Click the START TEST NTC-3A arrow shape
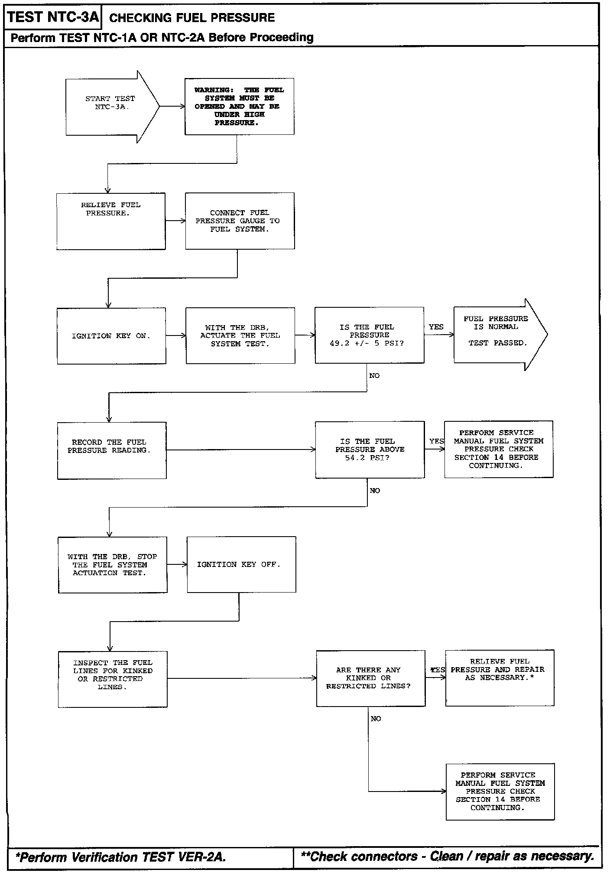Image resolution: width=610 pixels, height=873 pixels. coord(112,107)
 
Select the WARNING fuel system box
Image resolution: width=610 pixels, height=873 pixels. coord(240,107)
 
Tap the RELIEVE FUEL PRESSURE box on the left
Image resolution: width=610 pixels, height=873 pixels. coord(111,222)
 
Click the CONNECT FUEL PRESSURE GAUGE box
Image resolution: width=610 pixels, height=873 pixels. coord(240,221)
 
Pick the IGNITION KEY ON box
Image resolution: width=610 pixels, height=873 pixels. coord(111,336)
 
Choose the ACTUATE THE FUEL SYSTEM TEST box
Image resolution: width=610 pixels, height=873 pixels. coord(240,336)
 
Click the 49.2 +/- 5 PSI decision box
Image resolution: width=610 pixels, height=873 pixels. coord(370,335)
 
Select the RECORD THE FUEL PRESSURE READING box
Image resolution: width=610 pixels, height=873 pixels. coord(112,451)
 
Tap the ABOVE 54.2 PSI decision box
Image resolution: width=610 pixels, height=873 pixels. coord(370,450)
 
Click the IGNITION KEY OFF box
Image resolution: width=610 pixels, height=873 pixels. coord(241,564)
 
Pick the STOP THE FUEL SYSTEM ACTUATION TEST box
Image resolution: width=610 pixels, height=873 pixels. coord(113,565)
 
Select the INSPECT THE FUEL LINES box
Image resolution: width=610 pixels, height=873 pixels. coord(113,679)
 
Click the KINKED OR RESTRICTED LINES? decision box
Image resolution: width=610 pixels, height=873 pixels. coord(371,678)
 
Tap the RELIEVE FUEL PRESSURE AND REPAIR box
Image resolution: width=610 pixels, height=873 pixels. coord(500,678)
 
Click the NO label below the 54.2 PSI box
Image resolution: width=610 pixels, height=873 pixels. coord(375,491)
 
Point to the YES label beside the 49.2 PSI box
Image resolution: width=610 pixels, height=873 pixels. coord(436,327)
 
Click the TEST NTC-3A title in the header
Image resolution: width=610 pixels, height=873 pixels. coord(53,17)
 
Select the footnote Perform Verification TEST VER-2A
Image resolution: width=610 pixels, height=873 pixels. coord(121,857)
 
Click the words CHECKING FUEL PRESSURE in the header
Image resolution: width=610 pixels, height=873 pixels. coord(192,18)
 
